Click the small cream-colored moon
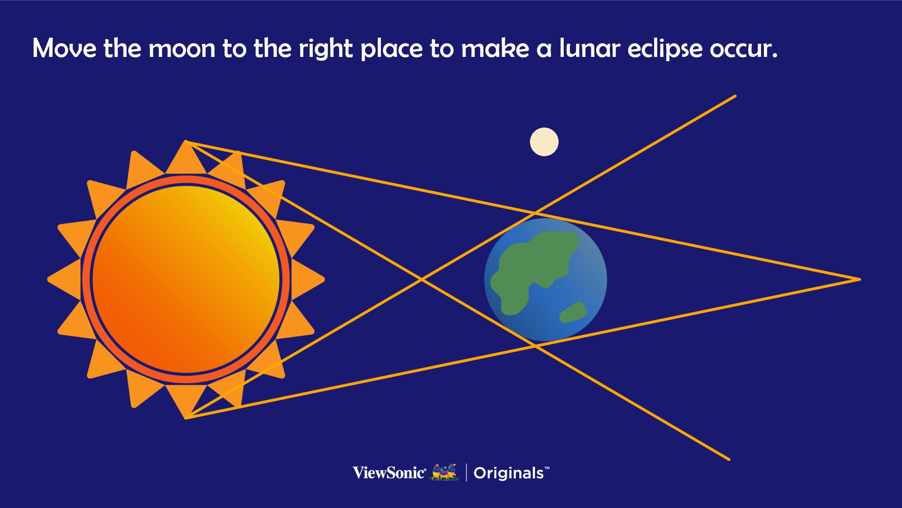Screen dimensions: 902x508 point(544,142)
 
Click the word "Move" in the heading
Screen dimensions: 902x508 point(64,48)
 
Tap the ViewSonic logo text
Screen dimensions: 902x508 point(389,473)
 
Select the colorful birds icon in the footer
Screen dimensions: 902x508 point(444,472)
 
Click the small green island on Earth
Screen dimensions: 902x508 point(573,312)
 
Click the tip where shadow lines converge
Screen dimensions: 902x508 point(860,279)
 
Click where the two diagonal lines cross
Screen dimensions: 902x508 point(422,279)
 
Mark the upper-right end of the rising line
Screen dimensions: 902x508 point(735,96)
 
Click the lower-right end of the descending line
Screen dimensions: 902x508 point(729,459)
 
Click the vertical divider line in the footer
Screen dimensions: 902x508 point(467,472)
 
